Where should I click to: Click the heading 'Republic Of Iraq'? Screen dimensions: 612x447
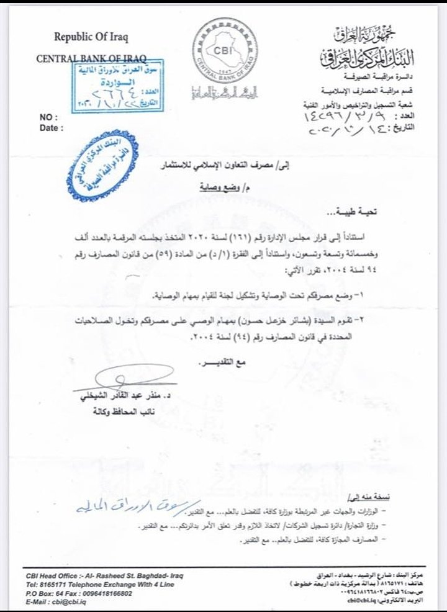pyautogui.click(x=91, y=35)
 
